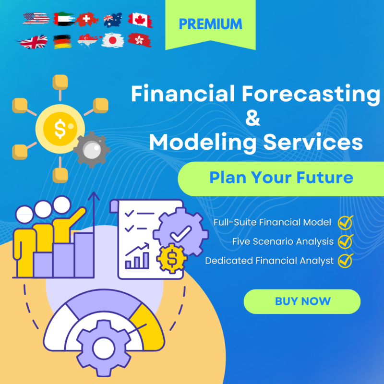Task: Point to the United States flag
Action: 36,19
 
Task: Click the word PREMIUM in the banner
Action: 211,24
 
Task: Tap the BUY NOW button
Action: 302,301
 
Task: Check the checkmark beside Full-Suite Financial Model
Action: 345,222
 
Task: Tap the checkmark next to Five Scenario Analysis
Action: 345,241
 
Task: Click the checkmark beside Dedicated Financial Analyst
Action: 345,261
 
